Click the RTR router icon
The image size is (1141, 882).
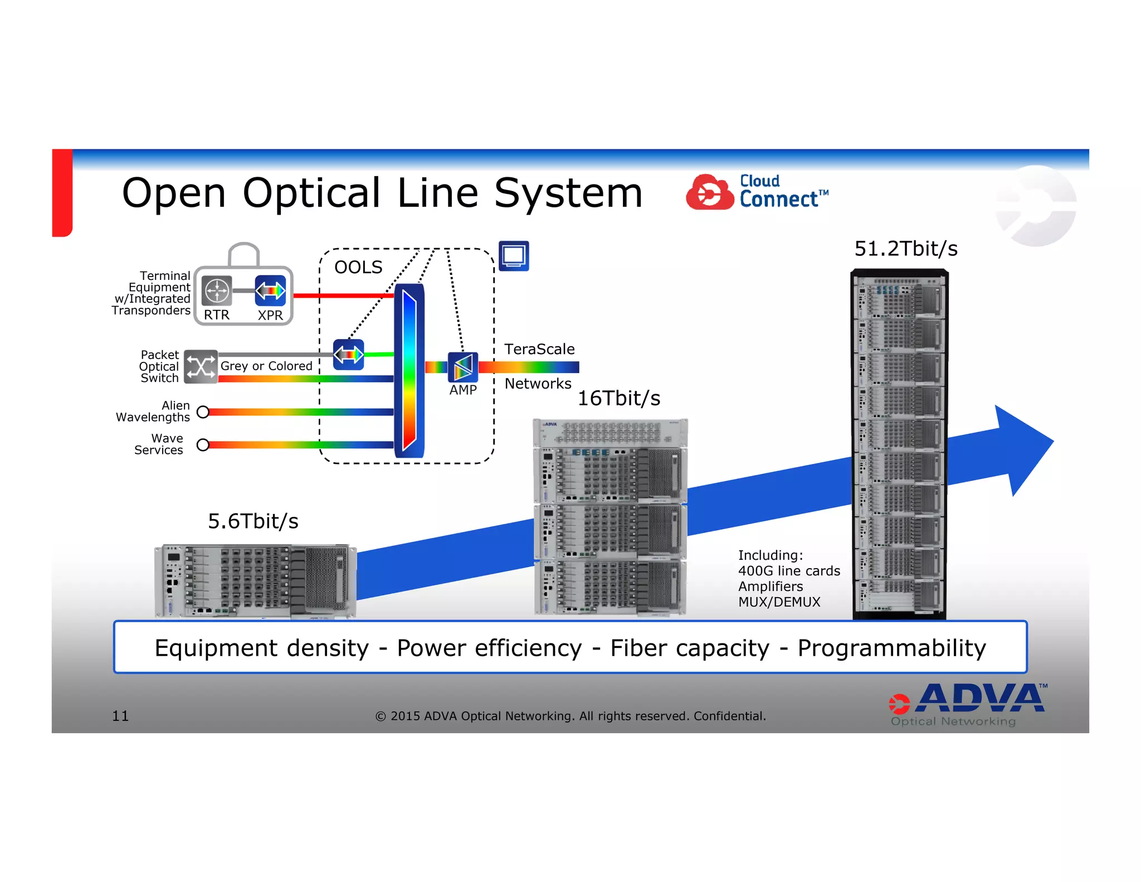point(216,290)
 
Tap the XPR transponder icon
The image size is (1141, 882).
point(270,290)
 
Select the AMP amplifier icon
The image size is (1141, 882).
point(463,367)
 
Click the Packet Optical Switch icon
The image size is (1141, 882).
point(201,367)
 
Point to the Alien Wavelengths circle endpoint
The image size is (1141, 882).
point(203,412)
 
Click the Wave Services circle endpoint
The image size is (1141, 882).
point(203,444)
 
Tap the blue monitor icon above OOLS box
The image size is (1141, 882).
point(513,256)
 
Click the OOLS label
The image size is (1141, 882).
point(358,268)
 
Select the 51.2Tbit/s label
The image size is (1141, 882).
point(906,249)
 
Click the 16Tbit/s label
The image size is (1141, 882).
point(618,398)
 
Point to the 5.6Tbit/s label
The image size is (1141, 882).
point(253,521)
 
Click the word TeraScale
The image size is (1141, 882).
point(539,349)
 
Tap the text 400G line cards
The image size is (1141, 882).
point(789,571)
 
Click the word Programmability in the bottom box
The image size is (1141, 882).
point(891,648)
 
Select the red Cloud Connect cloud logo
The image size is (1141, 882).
point(709,192)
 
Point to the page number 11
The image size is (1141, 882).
point(120,716)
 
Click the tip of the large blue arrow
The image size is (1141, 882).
point(1051,442)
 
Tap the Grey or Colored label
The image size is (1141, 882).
point(266,366)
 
